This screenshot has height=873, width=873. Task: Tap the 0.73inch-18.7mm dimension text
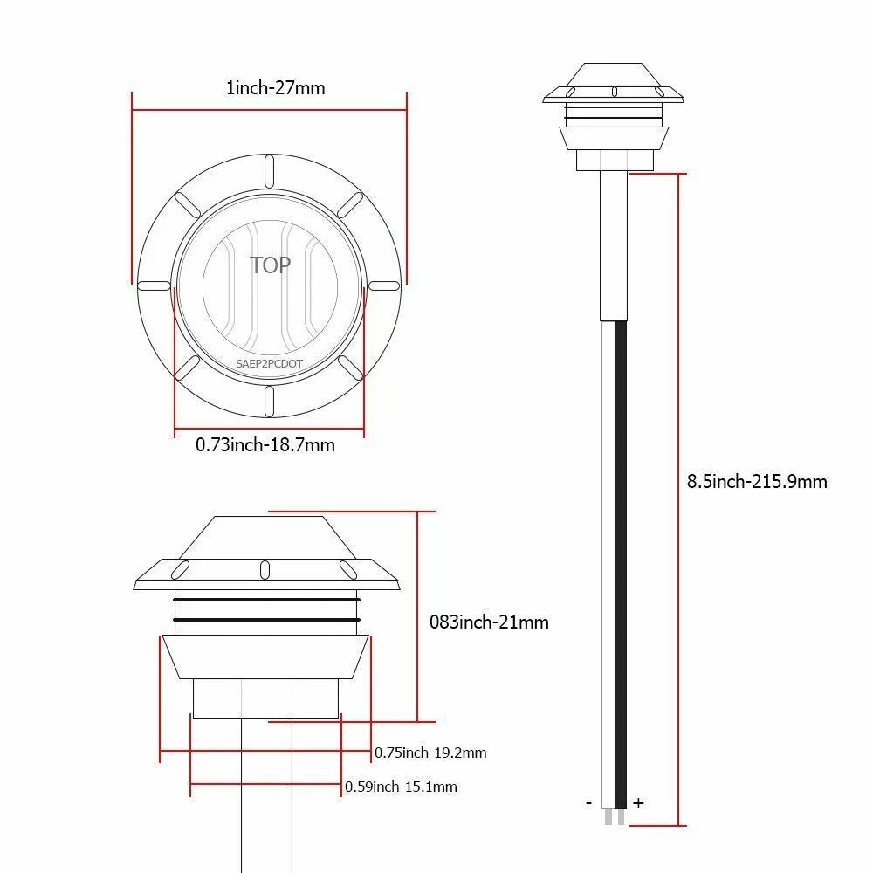265,445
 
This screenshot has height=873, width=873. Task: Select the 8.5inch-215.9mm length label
757,481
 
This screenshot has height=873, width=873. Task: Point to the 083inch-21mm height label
490,622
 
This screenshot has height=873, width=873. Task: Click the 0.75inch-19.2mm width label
430,753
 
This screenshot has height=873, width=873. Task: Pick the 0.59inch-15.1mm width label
401,787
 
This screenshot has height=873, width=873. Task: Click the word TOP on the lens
270,265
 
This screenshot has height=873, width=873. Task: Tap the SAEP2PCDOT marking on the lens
269,364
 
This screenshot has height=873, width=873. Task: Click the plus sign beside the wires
638,803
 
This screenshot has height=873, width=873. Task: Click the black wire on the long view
622,559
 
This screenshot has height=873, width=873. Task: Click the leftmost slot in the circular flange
154,285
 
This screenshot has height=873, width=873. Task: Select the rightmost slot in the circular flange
384,285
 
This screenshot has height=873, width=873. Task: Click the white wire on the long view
608,559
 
